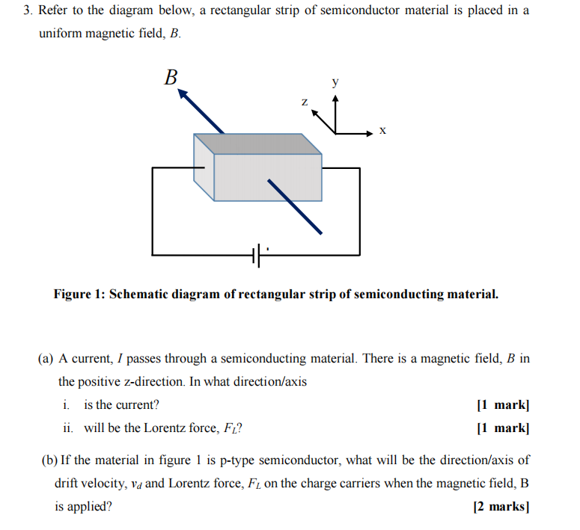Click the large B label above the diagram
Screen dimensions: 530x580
171,77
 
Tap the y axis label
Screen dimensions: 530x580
335,81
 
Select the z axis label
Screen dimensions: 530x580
304,101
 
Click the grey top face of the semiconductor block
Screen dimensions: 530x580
258,144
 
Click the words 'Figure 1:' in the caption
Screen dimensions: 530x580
79,294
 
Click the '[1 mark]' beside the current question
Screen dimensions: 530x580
503,404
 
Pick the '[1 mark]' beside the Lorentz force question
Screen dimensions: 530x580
503,428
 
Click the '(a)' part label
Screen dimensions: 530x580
46,358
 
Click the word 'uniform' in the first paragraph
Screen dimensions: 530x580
62,35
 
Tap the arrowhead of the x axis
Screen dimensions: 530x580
368,133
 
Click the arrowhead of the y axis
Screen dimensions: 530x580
336,96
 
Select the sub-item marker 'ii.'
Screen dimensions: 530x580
67,428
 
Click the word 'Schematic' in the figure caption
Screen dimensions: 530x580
142,294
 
